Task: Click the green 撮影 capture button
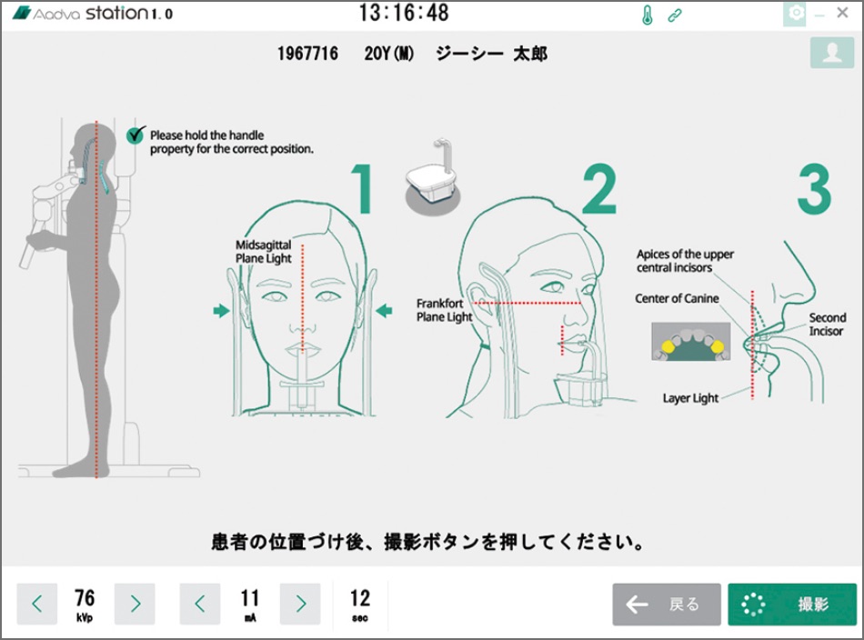pos(792,605)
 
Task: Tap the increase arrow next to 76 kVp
pos(135,605)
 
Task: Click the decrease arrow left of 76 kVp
pos(37,605)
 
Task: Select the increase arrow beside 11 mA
pos(300,605)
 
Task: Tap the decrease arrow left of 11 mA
pos(200,605)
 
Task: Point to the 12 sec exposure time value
pos(360,605)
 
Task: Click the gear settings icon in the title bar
pos(795,14)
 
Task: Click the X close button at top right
pos(842,13)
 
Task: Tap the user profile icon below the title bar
pos(832,53)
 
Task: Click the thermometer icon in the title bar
pos(648,15)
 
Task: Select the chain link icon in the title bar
pos(675,15)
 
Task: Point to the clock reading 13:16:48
pos(404,13)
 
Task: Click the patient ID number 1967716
pos(307,54)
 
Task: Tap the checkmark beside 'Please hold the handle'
pos(136,135)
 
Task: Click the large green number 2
pos(599,189)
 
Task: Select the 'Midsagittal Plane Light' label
pos(264,252)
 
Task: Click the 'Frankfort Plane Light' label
pos(444,310)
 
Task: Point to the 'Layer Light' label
pos(690,398)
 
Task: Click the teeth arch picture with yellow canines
pos(691,342)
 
